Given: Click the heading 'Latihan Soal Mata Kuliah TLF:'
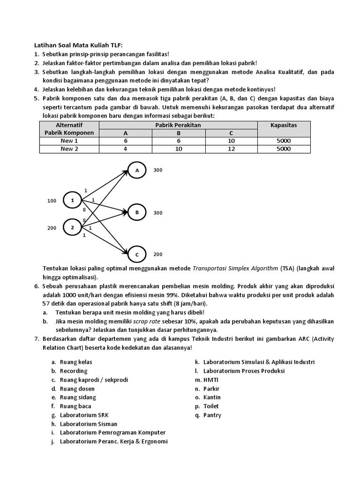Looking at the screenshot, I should pyautogui.click(x=78, y=45).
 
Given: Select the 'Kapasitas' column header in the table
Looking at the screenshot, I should pyautogui.click(x=284, y=125).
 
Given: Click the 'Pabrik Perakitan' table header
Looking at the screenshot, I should pyautogui.click(x=178, y=125).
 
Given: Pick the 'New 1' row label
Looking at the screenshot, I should pyautogui.click(x=69, y=141).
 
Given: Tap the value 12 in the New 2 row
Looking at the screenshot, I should pyautogui.click(x=231, y=149).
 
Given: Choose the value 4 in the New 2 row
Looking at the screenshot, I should pyautogui.click(x=126, y=149).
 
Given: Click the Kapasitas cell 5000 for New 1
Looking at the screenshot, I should pyautogui.click(x=284, y=141).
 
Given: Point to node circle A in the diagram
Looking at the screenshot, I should pyautogui.click(x=137, y=171).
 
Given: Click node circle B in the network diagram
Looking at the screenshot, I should pyautogui.click(x=137, y=212).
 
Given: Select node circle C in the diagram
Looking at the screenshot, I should pyautogui.click(x=137, y=255).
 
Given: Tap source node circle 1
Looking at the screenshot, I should pyautogui.click(x=72, y=201).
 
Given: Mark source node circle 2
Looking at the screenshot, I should pyautogui.click(x=72, y=228).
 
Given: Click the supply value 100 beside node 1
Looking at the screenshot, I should pyautogui.click(x=52, y=201).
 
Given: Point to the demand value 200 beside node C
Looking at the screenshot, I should pyautogui.click(x=158, y=255).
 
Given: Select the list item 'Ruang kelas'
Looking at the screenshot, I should pyautogui.click(x=76, y=362).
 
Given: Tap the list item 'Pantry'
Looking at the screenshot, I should pyautogui.click(x=212, y=415).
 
